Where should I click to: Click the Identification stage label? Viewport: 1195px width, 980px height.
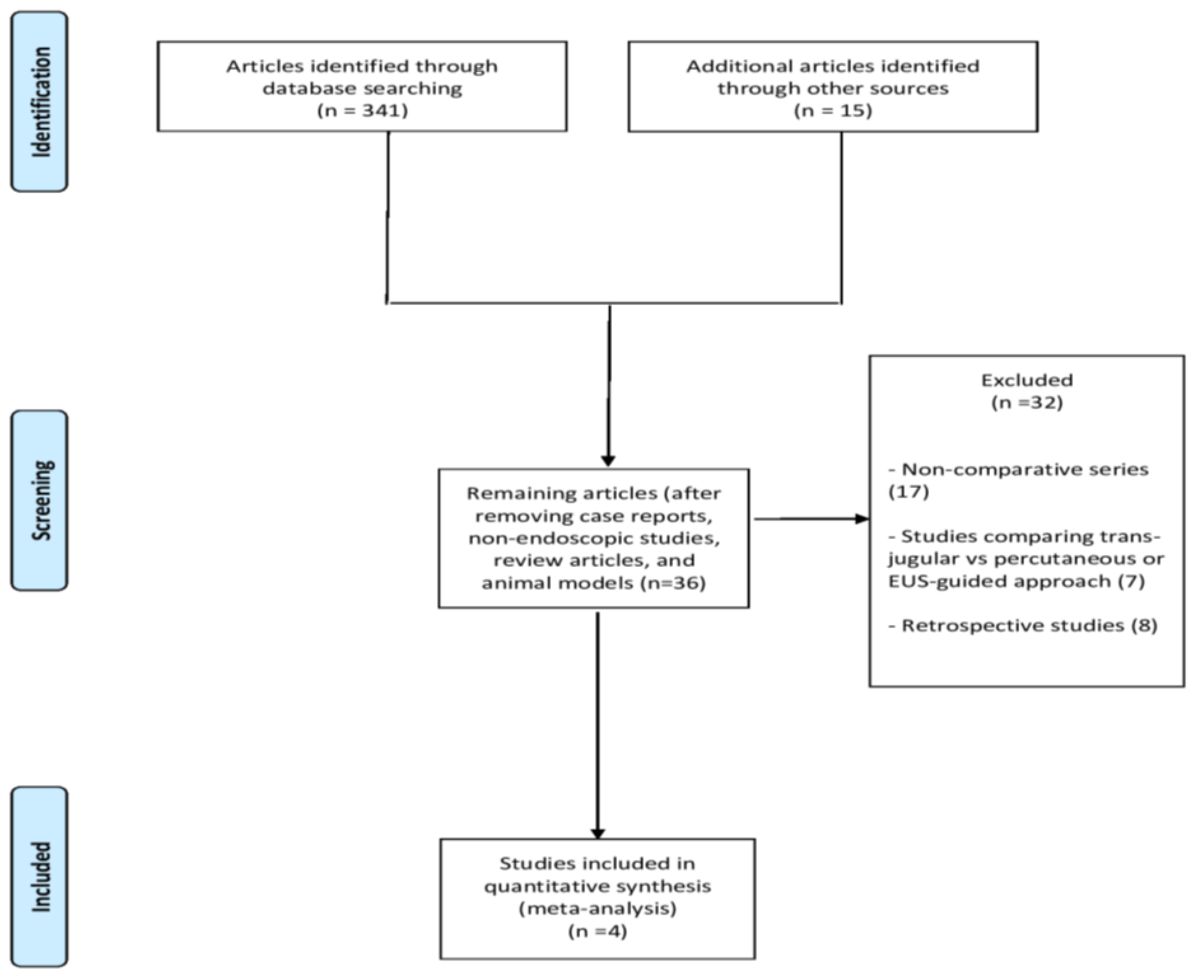tap(39, 102)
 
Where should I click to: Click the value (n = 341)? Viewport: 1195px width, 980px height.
tap(362, 110)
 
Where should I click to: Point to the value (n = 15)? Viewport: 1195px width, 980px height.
tap(833, 110)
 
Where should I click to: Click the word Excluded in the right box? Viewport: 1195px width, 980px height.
tap(1027, 380)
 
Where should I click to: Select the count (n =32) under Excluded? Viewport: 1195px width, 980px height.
tap(1027, 403)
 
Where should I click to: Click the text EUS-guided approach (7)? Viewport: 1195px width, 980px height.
tap(1016, 581)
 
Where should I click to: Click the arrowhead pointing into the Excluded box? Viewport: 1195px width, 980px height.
tap(862, 519)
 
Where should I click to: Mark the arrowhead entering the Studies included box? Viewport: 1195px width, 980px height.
tap(598, 833)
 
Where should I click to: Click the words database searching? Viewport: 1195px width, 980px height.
tap(362, 89)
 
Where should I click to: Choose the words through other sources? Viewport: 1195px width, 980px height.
tap(833, 89)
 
